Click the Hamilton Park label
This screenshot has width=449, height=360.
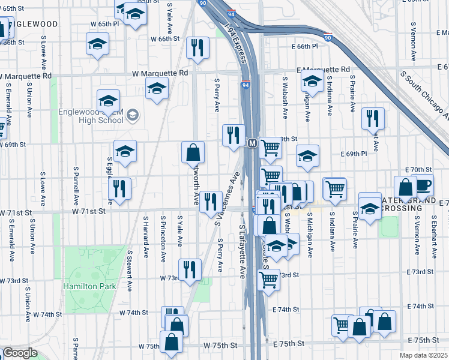click(x=90, y=286)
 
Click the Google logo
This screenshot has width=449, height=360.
click(x=20, y=353)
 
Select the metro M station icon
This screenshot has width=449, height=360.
click(x=253, y=143)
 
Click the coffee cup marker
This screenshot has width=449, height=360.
click(x=423, y=185)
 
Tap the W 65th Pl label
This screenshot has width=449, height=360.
click(x=103, y=23)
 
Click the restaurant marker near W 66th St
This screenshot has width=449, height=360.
click(x=197, y=48)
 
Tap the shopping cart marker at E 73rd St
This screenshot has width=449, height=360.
click(x=268, y=278)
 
